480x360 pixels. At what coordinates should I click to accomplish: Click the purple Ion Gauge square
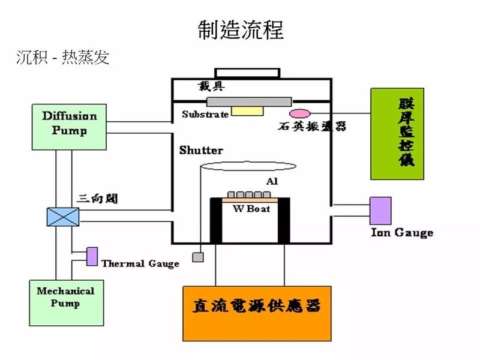[380, 211]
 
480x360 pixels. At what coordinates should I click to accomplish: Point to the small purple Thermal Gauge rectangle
[92, 256]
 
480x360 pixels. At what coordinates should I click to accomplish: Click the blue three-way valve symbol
[63, 216]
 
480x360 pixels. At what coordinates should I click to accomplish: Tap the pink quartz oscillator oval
[299, 113]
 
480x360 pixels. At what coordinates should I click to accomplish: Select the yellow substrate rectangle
[248, 110]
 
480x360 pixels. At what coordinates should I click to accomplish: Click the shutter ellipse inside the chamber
[248, 166]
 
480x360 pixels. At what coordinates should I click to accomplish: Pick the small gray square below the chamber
[197, 257]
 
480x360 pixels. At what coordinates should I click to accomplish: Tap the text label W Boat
[251, 208]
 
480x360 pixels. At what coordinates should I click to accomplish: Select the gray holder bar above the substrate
[248, 101]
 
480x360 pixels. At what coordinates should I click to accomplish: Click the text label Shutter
[201, 151]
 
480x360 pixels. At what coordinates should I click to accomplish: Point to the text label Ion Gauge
[402, 233]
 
